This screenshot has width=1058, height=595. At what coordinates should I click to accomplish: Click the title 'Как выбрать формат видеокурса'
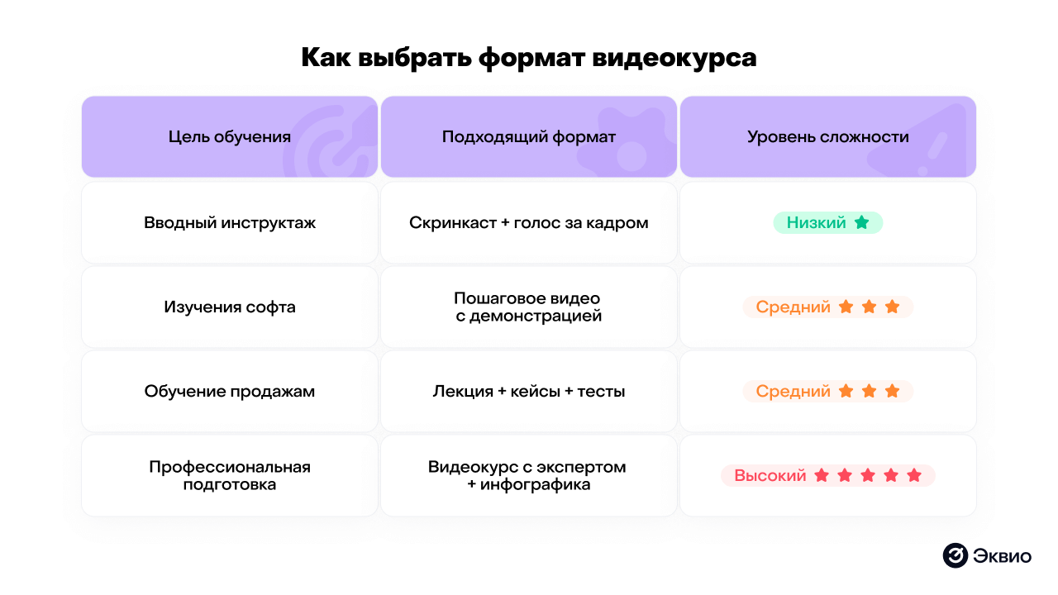528,58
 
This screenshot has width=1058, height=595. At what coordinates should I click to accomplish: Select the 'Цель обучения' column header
230,137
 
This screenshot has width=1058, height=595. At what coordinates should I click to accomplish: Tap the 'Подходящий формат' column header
529,137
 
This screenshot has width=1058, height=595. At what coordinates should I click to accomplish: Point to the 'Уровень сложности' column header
828,137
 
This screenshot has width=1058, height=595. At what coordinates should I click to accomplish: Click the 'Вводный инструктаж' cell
230,223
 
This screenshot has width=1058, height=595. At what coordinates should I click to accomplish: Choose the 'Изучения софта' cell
230,307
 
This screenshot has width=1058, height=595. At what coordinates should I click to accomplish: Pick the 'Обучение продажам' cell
230,392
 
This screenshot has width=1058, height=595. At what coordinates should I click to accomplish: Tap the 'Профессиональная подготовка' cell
230,476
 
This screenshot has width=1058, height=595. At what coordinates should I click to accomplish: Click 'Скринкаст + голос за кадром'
529,223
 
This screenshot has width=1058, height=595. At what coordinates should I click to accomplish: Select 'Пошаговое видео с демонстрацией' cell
529,307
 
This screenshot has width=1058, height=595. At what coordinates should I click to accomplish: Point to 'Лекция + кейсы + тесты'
529,392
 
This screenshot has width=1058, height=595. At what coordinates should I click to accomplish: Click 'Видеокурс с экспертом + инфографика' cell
529,476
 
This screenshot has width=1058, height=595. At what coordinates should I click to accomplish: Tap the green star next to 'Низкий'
862,222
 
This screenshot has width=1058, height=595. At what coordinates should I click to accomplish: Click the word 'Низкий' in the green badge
816,223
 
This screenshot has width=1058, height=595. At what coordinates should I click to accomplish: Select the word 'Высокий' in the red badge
770,476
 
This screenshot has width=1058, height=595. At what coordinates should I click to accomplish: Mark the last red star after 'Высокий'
914,475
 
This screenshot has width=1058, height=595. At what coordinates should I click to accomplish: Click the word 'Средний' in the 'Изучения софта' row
793,307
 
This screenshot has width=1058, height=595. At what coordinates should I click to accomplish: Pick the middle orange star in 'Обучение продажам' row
869,391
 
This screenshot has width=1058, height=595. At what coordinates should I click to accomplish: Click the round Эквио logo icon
955,556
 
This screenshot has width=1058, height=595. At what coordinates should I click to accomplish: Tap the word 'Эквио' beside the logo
1003,556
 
